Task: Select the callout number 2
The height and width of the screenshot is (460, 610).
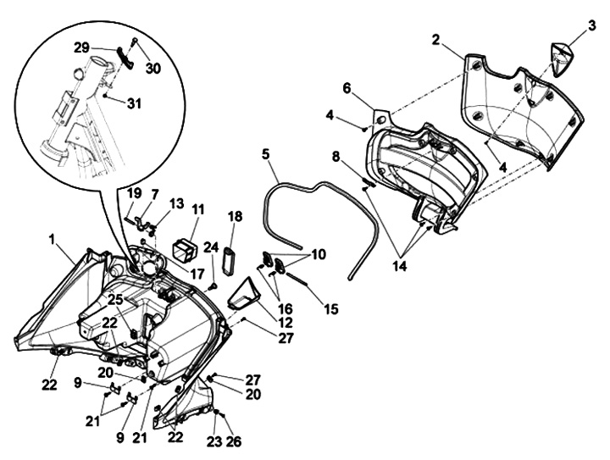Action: (x=435, y=39)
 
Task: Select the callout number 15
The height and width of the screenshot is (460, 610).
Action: (x=330, y=310)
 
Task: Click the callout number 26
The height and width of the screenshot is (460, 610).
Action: (x=233, y=441)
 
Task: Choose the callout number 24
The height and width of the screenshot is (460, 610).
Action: (x=212, y=247)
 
